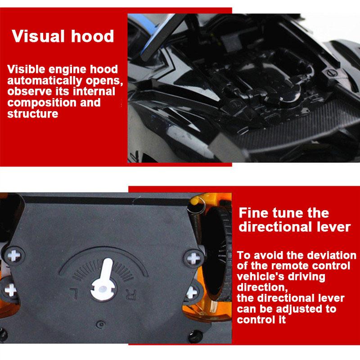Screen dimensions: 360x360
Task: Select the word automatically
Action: tap(40, 81)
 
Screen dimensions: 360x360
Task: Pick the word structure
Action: tap(32, 113)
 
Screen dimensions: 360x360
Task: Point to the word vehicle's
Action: tap(260, 276)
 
